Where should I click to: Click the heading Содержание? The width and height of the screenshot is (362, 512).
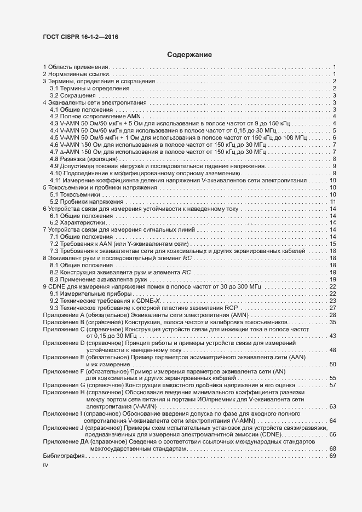click(x=189, y=55)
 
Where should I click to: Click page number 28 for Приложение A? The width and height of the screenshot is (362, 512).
click(x=332, y=315)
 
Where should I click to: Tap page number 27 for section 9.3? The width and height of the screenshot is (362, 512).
click(x=332, y=308)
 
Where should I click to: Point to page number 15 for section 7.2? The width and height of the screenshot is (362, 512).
click(x=332, y=244)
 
